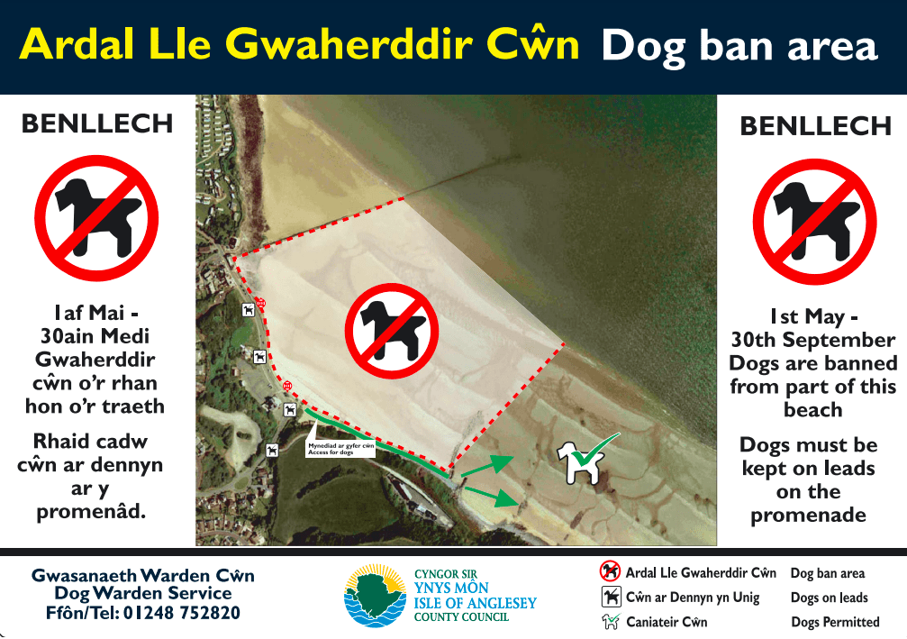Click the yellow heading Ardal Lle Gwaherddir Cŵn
299,44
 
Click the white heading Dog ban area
739,46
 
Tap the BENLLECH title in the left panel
97,123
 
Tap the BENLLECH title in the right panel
816,126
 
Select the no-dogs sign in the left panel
96,217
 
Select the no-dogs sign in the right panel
814,221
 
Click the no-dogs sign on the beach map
392,331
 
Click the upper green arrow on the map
487,465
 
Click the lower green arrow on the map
491,497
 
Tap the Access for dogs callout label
340,449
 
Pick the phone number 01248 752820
182,613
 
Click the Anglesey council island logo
376,596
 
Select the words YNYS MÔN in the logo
451,588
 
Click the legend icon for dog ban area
610,571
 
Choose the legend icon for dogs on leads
611,597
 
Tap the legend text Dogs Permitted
835,622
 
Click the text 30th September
812,340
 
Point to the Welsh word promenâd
91,512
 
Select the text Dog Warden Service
143,593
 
